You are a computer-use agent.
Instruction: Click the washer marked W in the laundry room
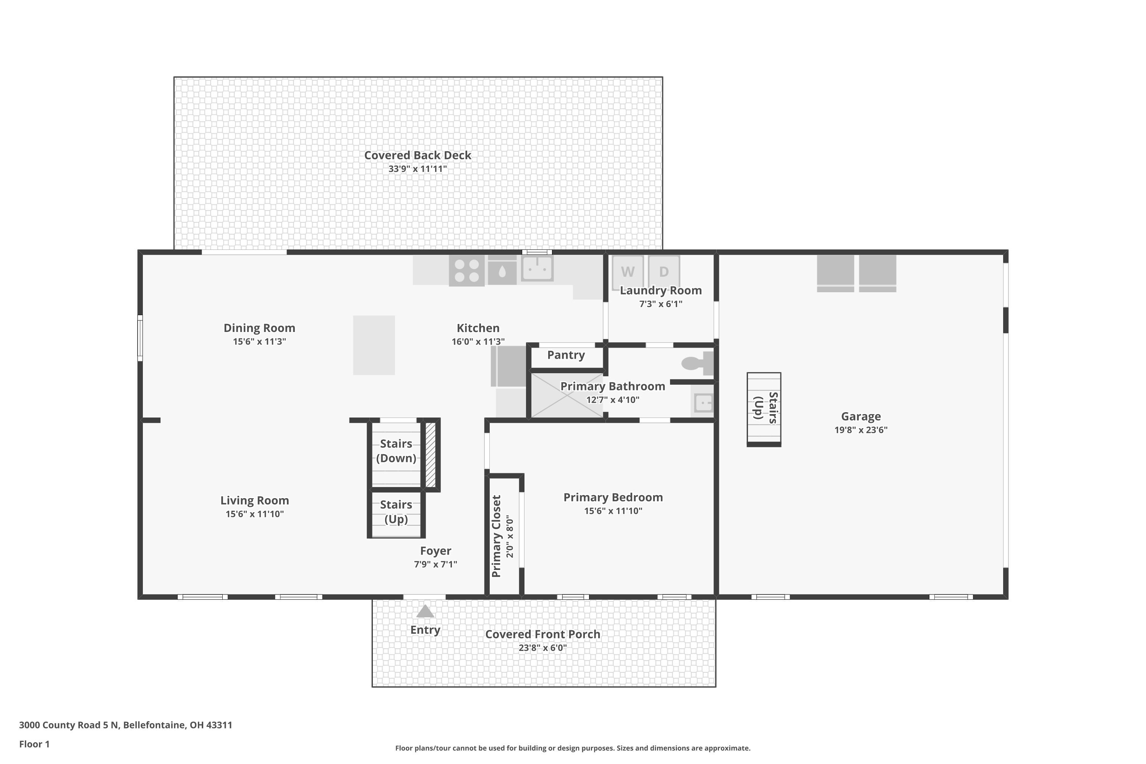tap(627, 271)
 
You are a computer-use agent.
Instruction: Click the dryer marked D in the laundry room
tap(664, 271)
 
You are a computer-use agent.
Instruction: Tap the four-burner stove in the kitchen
tap(466, 271)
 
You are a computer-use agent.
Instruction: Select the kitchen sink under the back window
tap(537, 268)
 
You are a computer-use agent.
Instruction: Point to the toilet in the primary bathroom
tap(696, 363)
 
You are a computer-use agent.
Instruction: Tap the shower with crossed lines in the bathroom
tap(567, 395)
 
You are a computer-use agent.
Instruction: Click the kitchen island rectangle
tap(374, 345)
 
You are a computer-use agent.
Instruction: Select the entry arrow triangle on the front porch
tap(425, 612)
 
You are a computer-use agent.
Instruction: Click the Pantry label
tap(566, 355)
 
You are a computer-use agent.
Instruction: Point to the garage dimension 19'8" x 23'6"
tap(861, 430)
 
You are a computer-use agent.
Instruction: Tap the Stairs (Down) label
tap(396, 451)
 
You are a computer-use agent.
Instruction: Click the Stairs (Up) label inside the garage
tap(765, 407)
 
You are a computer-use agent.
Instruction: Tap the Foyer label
tap(435, 550)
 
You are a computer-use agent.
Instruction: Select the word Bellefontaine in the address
tap(154, 725)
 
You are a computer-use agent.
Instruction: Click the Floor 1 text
tap(34, 744)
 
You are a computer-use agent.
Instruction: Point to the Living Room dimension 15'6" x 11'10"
tap(254, 513)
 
